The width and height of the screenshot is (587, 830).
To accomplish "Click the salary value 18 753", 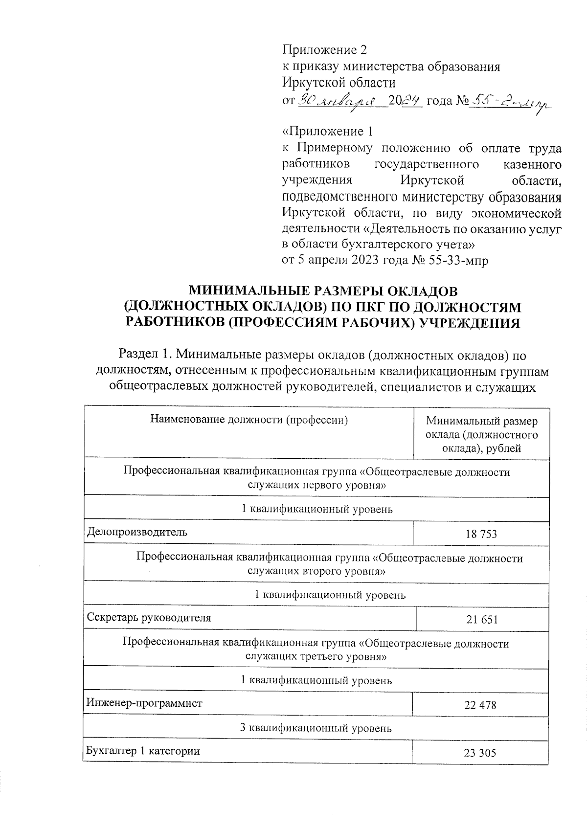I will point(481,534).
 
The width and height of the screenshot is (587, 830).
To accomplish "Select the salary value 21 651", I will point(481,620).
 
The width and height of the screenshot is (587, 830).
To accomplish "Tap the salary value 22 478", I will point(480,705).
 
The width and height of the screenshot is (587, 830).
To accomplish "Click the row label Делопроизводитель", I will point(137,532).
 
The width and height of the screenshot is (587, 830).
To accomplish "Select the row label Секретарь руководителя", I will point(149,617).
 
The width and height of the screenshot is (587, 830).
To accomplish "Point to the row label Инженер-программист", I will point(144,703).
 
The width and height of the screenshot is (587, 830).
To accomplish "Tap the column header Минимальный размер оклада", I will point(481,434).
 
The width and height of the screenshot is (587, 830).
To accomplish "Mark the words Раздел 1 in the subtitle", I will point(142,354).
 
